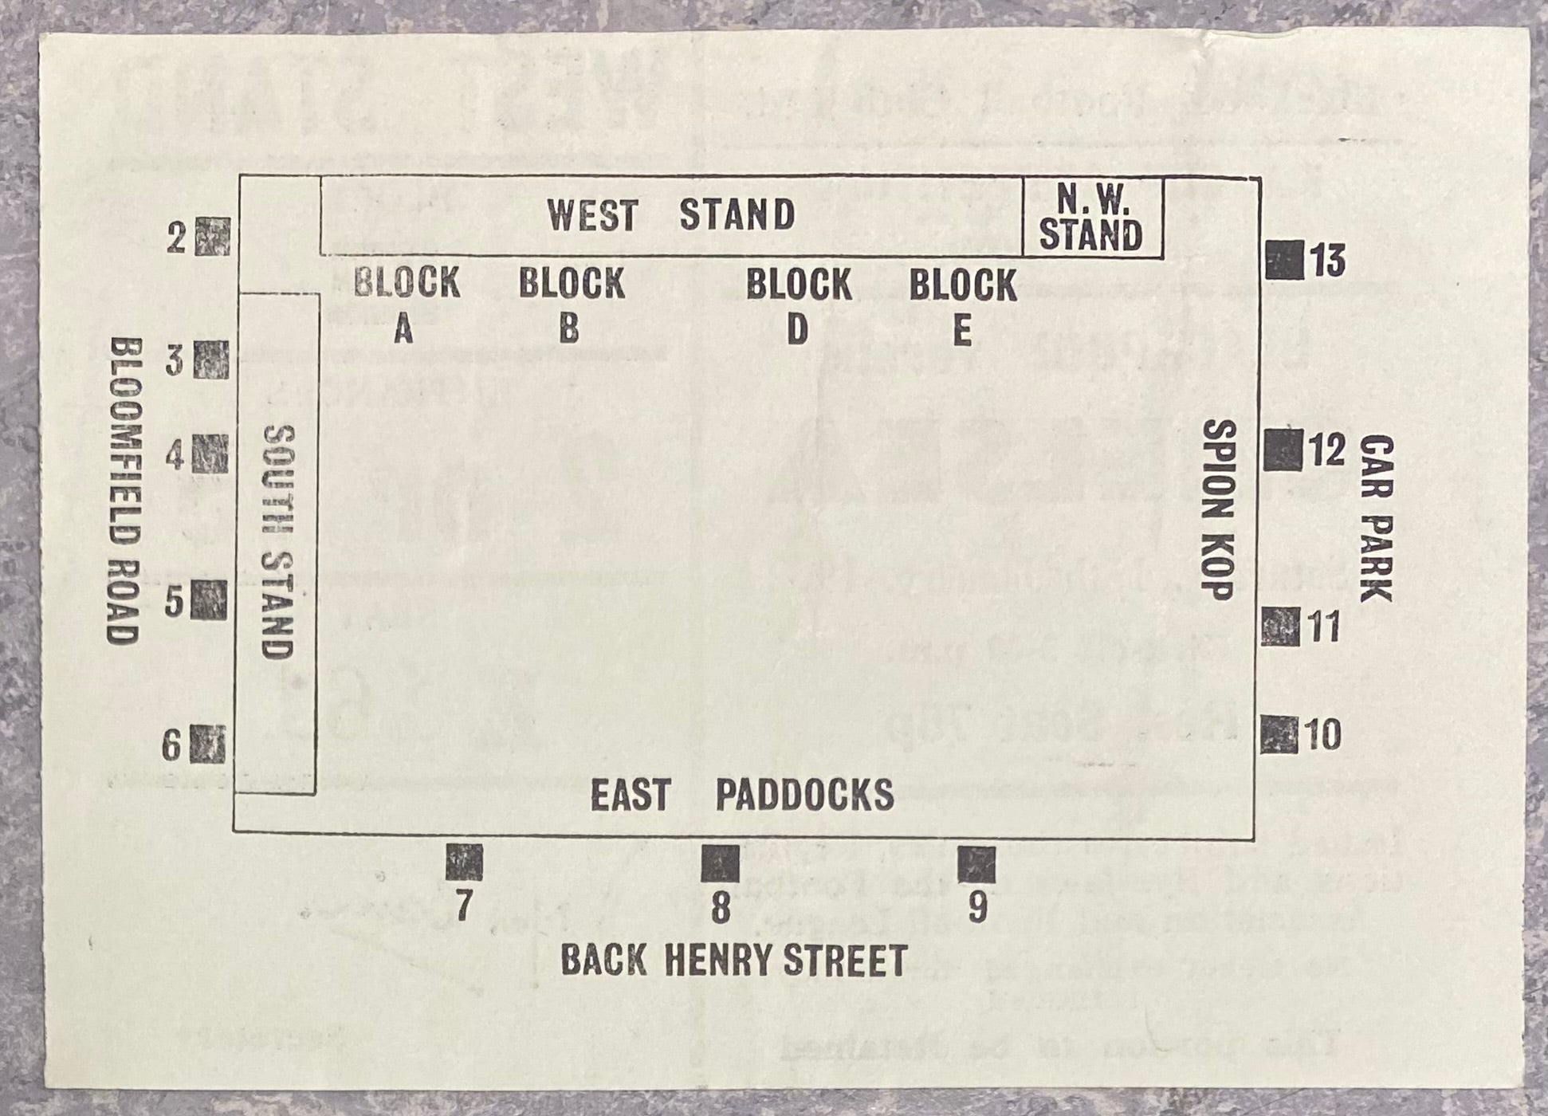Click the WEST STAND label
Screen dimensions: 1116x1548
(670, 215)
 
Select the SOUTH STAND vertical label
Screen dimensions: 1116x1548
(279, 541)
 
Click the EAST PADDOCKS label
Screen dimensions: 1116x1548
(741, 795)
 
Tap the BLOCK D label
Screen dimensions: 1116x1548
(798, 305)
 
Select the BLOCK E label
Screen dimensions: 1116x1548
(962, 305)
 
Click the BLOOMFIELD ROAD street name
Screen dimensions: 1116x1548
(124, 490)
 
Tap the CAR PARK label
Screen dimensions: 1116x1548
(1377, 519)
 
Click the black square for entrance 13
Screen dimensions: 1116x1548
(1283, 260)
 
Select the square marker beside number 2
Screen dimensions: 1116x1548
(212, 237)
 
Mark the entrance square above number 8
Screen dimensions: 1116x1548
(720, 863)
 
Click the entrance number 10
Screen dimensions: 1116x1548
(1324, 734)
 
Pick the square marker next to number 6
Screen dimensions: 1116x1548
(207, 744)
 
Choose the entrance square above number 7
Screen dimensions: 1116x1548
(464, 863)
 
